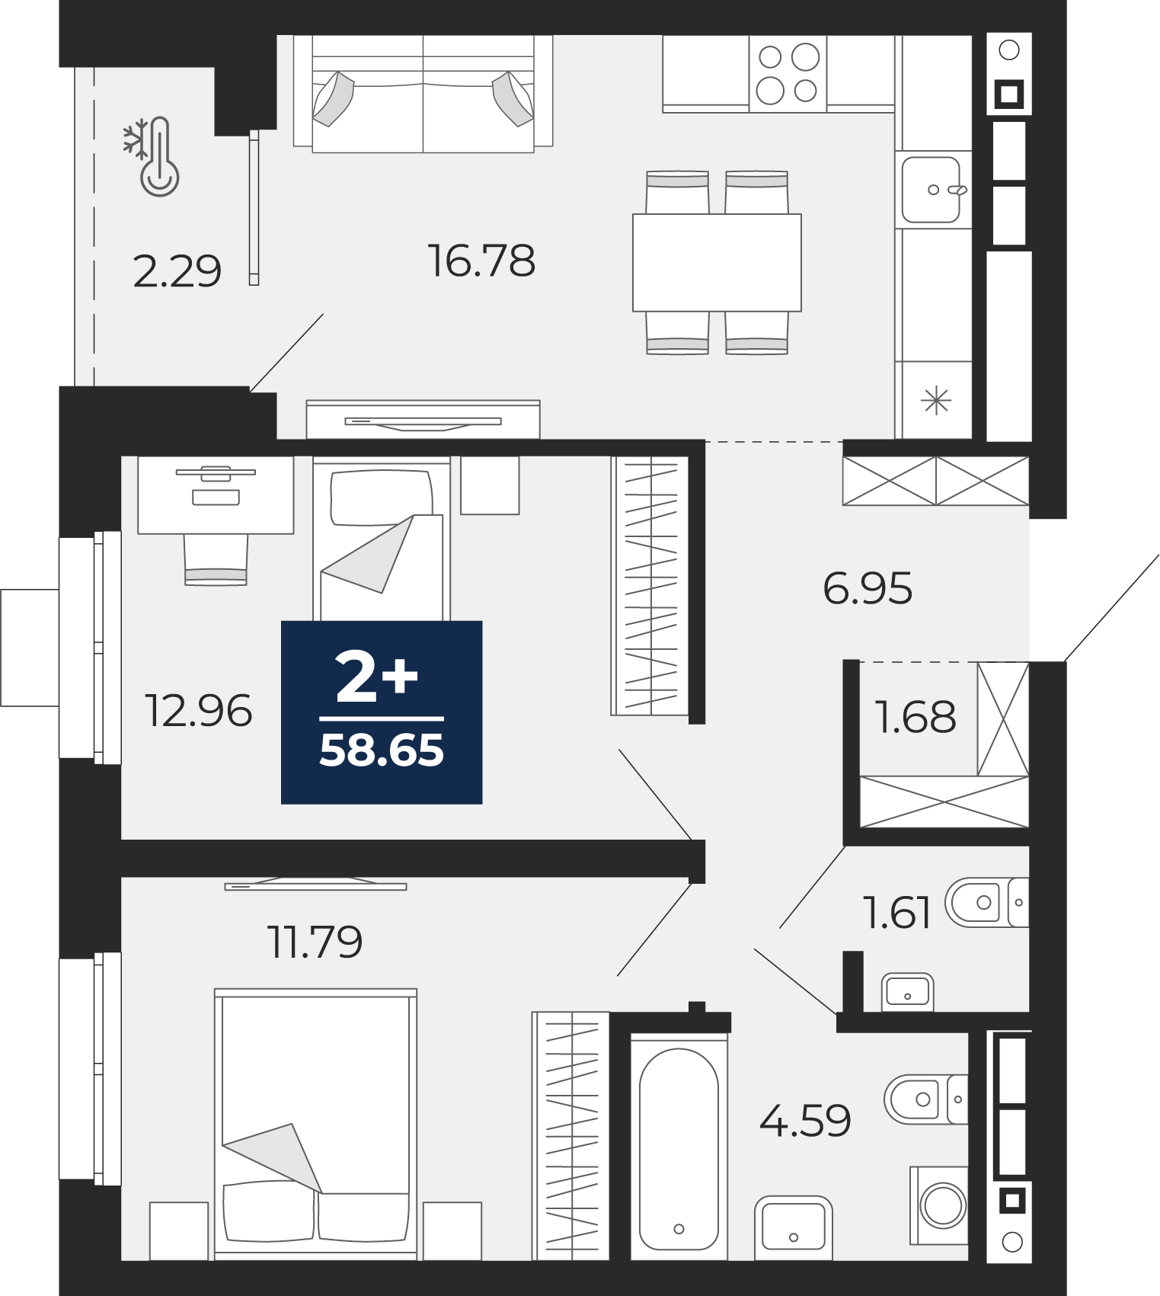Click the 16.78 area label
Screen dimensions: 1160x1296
click(x=481, y=261)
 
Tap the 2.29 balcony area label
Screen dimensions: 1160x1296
click(x=177, y=271)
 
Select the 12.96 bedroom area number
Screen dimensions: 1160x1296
click(x=198, y=711)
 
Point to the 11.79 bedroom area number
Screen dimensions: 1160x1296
click(x=315, y=942)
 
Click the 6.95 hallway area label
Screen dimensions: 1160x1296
click(x=868, y=588)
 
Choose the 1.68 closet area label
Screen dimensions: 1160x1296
click(x=915, y=717)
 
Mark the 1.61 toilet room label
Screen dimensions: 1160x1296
click(x=896, y=912)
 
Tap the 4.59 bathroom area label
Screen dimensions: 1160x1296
click(x=805, y=1121)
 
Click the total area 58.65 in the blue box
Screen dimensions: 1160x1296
click(x=382, y=750)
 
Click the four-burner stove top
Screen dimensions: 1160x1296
click(x=788, y=74)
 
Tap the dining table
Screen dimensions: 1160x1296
click(x=717, y=262)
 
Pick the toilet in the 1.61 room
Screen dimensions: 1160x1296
click(x=987, y=903)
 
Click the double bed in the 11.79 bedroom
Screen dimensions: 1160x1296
click(x=315, y=1125)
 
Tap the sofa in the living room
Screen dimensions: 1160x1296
click(x=423, y=94)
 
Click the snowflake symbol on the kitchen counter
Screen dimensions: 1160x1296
click(x=936, y=400)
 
